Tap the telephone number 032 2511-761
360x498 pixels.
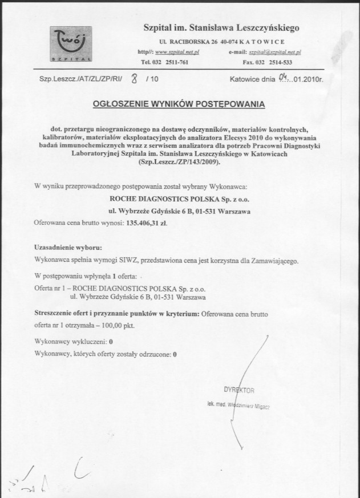[x=171, y=62]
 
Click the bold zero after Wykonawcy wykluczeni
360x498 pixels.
[x=111, y=341]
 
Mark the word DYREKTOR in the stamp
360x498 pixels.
[x=239, y=390]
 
